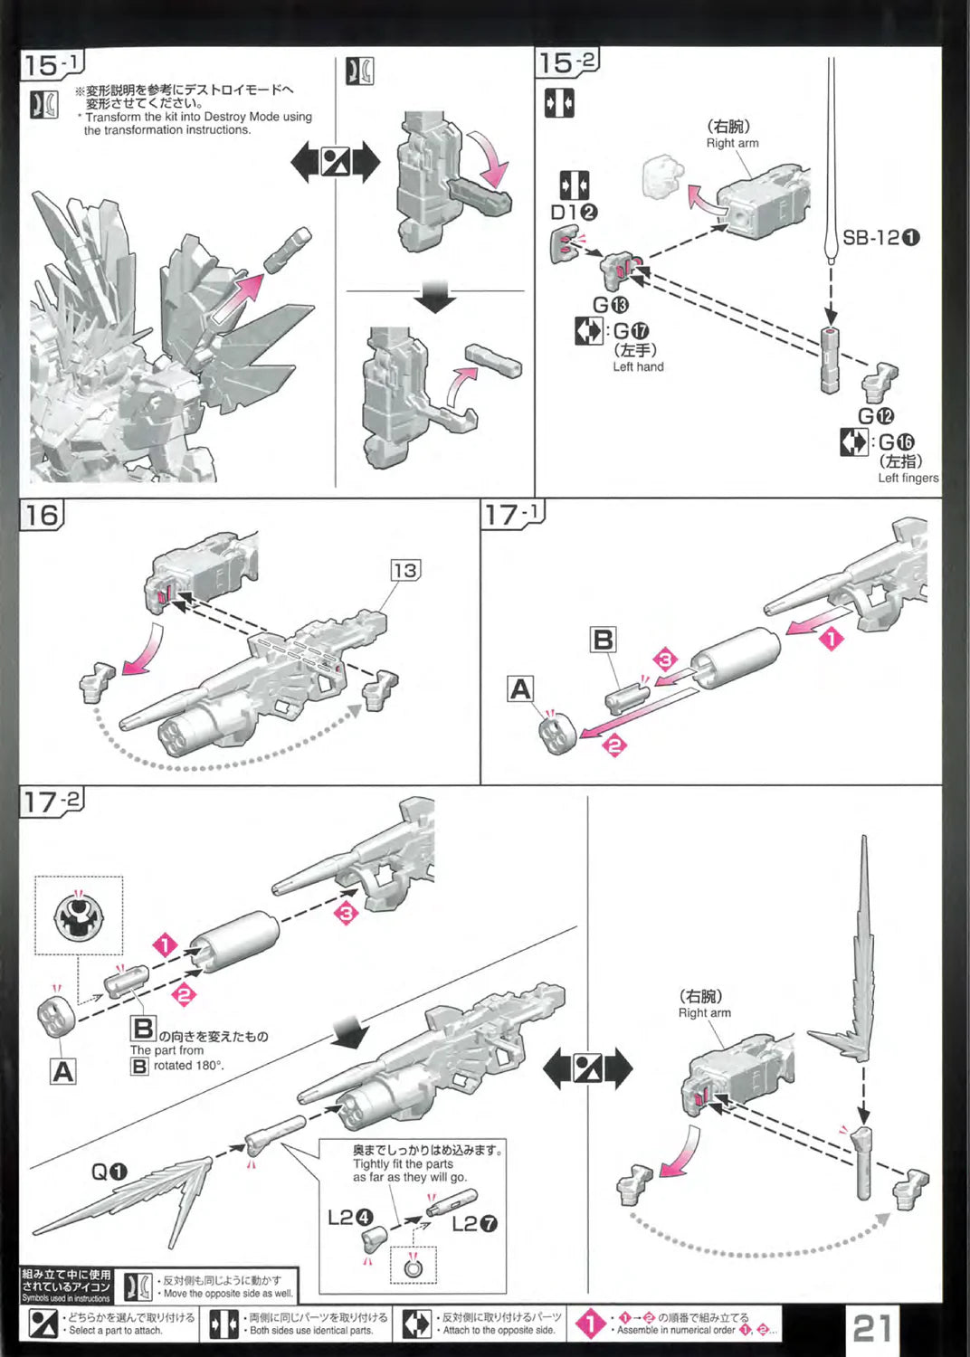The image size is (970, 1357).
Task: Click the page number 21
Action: coord(872,1327)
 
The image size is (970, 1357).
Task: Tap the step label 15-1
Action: coord(52,64)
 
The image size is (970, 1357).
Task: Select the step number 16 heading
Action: coord(42,516)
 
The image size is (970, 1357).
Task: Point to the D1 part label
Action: coord(574,213)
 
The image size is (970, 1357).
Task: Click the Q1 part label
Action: coord(109,1172)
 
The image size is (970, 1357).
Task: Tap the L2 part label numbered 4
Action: coord(349,1218)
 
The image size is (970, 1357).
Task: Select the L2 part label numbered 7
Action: coord(474,1224)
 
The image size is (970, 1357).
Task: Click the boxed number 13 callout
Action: coord(404,570)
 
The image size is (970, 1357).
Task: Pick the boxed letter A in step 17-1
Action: coord(520,689)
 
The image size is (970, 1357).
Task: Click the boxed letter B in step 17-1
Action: coord(603,640)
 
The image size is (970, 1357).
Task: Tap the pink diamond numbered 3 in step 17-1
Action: coord(665,660)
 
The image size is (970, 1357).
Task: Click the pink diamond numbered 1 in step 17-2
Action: coord(165,945)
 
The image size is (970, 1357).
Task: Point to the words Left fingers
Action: coord(908,478)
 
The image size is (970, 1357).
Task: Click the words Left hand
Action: coord(638,366)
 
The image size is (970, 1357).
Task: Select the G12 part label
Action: coord(875,416)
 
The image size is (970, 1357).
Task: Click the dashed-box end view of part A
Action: coord(79,916)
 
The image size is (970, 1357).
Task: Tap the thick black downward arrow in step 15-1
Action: coord(435,296)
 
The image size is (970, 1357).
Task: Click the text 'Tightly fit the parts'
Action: coord(403,1164)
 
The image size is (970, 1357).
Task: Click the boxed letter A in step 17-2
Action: coord(62,1072)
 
